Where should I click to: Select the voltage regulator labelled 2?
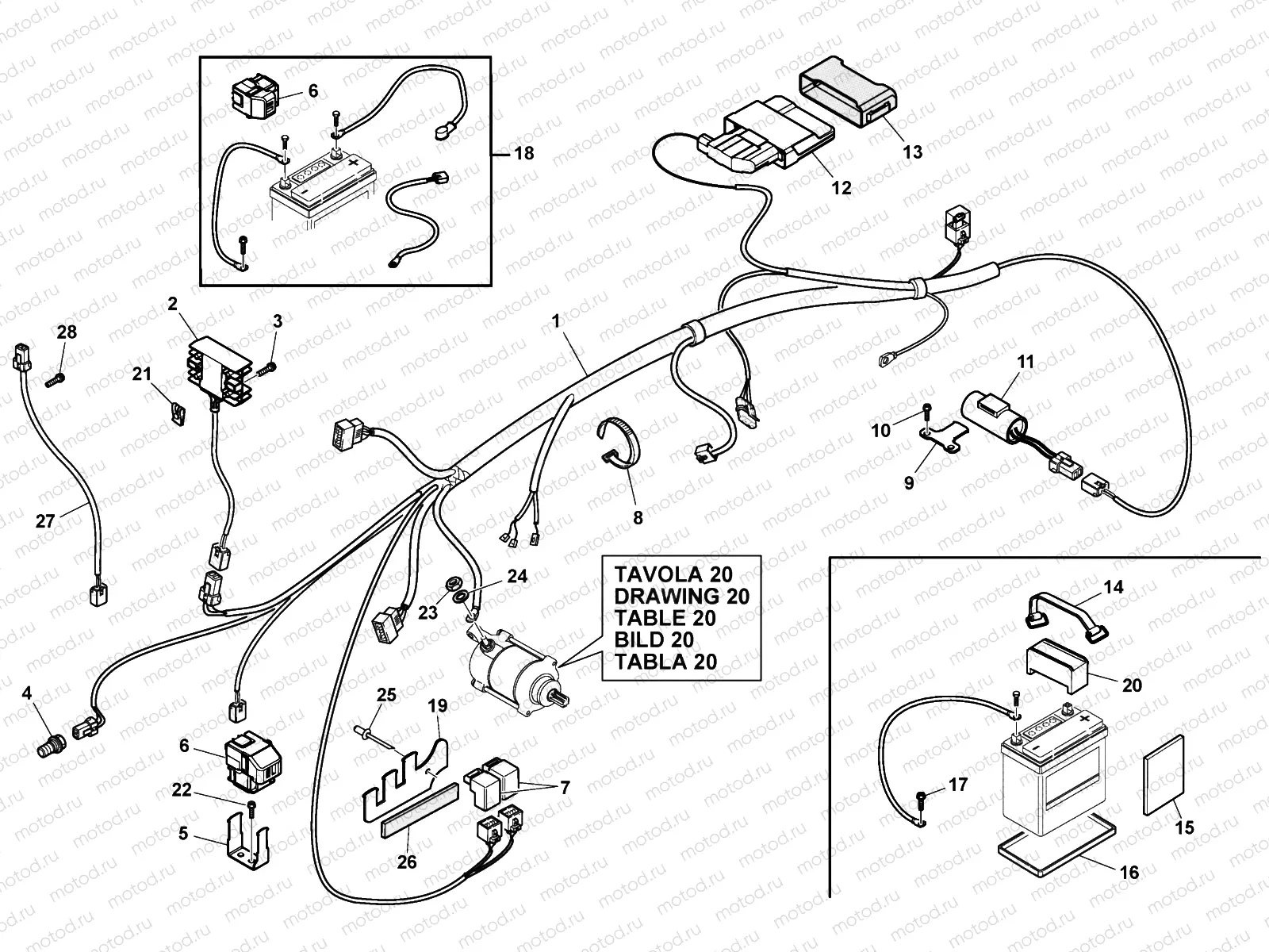pos(220,370)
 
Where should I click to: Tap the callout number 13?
pos(912,152)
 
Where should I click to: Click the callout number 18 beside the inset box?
pos(523,153)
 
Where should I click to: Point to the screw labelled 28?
pos(55,380)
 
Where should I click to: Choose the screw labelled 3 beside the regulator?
pos(266,369)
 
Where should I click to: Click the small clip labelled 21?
pos(178,413)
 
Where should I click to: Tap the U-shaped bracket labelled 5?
pos(247,838)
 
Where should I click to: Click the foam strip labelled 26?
pos(420,809)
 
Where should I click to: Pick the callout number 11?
pos(1025,363)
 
